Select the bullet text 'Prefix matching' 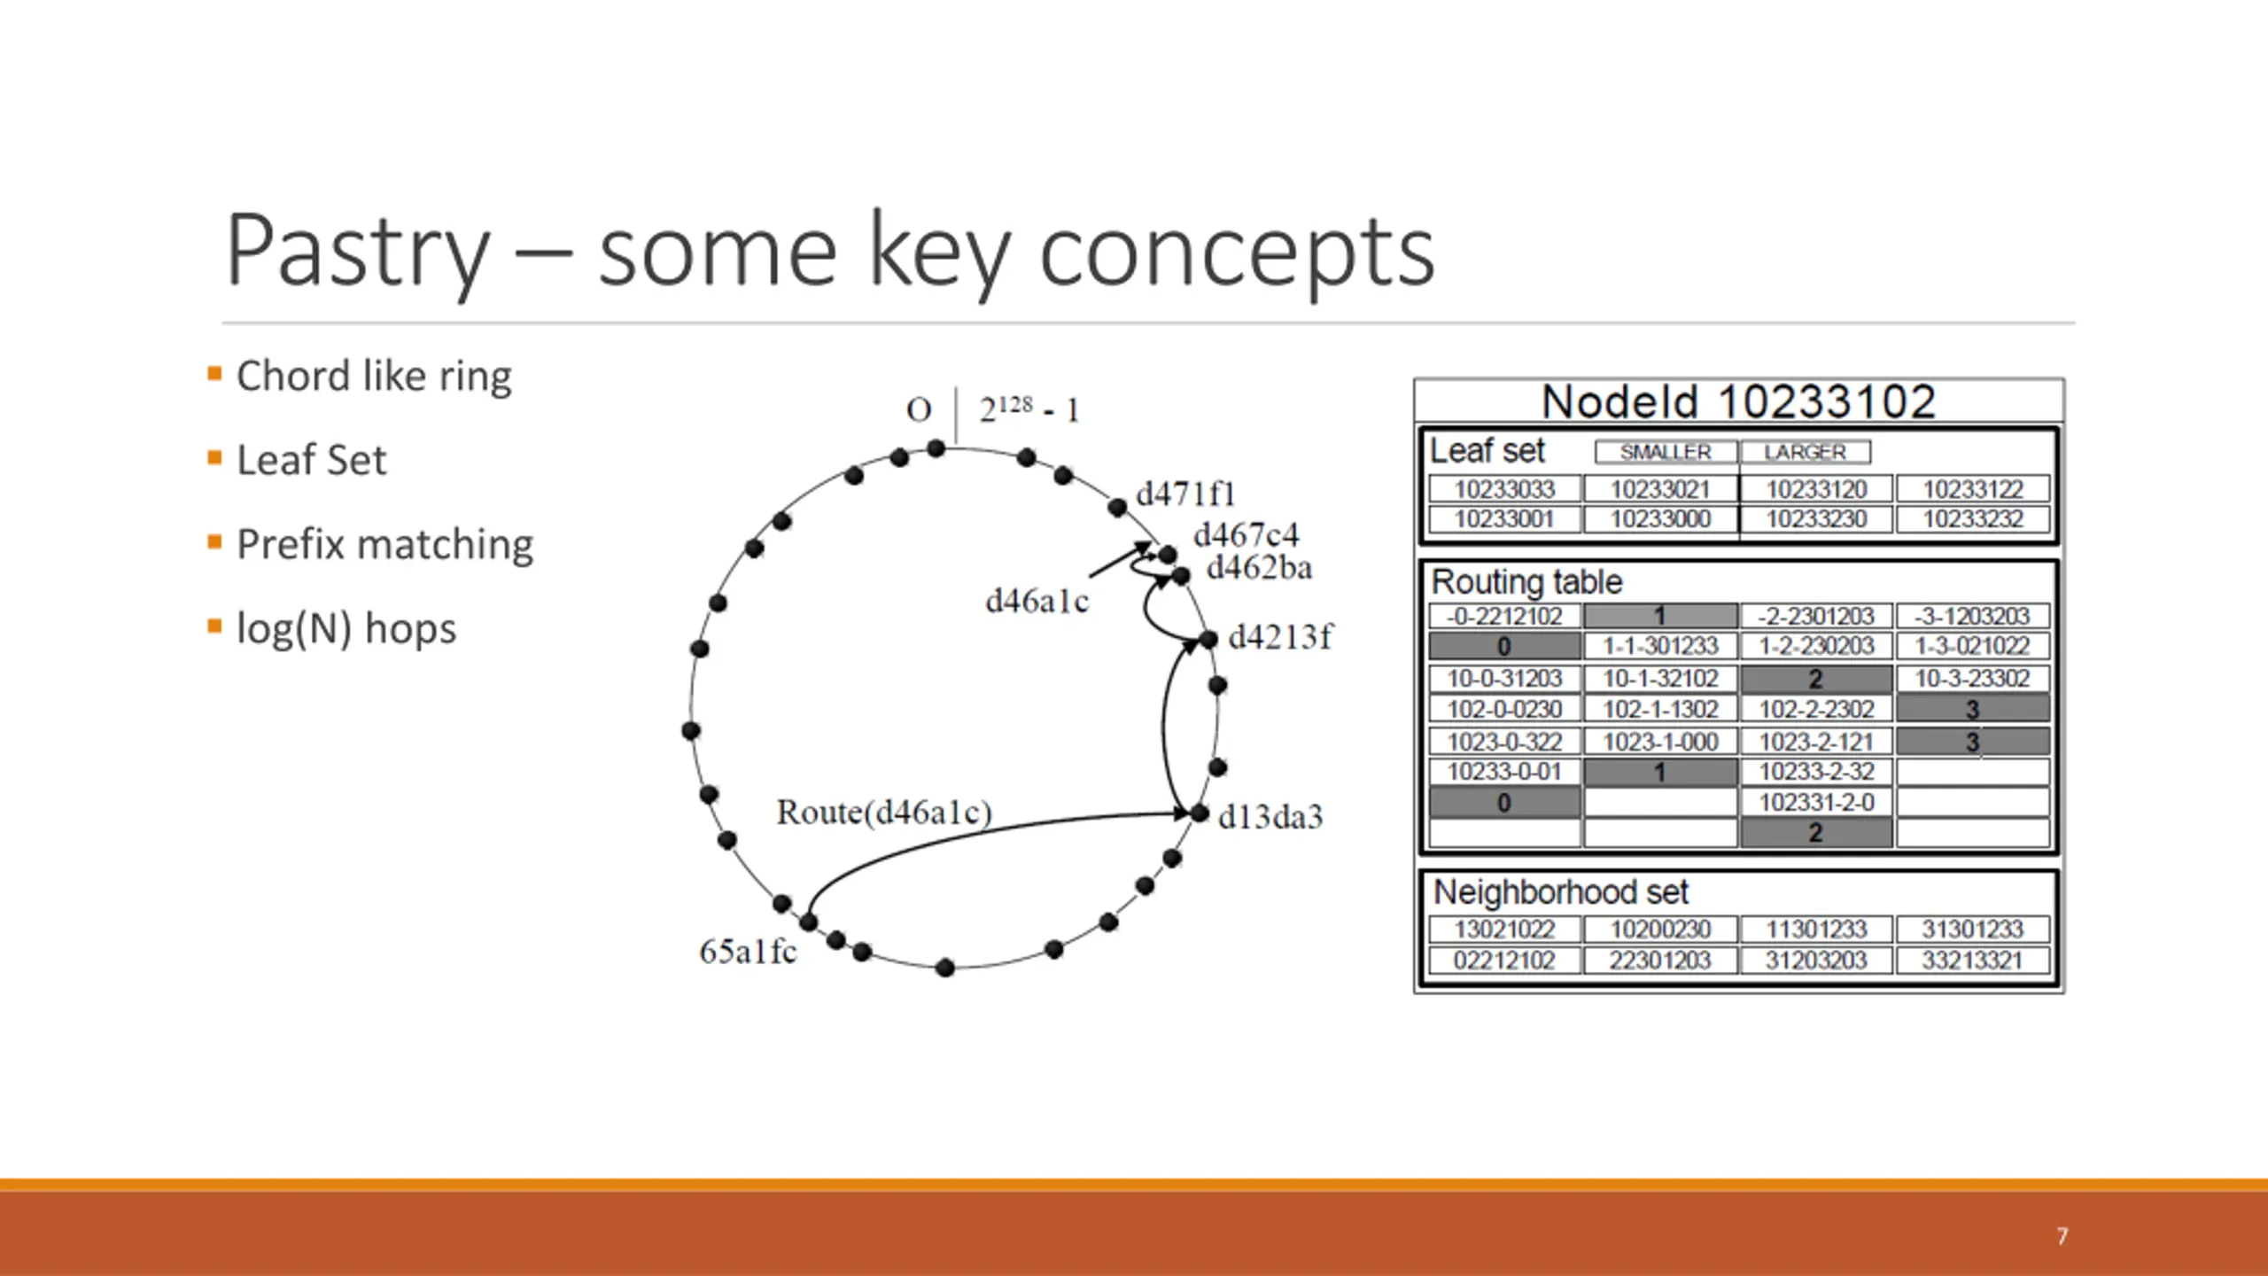pyautogui.click(x=384, y=544)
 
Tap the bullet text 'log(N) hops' pyautogui.click(x=346, y=628)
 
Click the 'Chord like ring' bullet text pyautogui.click(x=374, y=376)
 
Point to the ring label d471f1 pyautogui.click(x=1184, y=494)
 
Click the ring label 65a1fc pyautogui.click(x=747, y=952)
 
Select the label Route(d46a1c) pyautogui.click(x=883, y=812)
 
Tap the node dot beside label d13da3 pyautogui.click(x=1199, y=813)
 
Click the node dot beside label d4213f pyautogui.click(x=1208, y=639)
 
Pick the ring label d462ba pyautogui.click(x=1259, y=568)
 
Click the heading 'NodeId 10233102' pyautogui.click(x=1738, y=401)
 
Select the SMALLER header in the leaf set pyautogui.click(x=1666, y=452)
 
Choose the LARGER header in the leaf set pyautogui.click(x=1805, y=452)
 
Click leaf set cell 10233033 pyautogui.click(x=1504, y=489)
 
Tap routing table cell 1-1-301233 pyautogui.click(x=1660, y=646)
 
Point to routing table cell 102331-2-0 pyautogui.click(x=1816, y=802)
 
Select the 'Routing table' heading pyautogui.click(x=1526, y=582)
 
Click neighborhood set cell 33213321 pyautogui.click(x=1972, y=960)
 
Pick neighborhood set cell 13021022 pyautogui.click(x=1504, y=930)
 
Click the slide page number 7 pyautogui.click(x=2062, y=1236)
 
